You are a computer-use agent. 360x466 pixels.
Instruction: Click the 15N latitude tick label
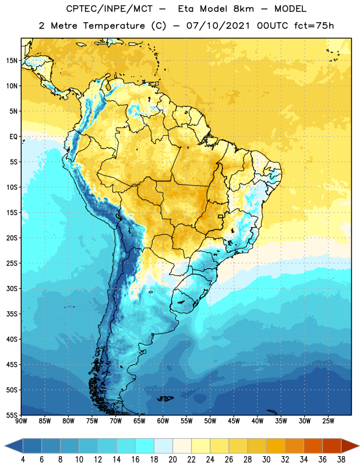12,61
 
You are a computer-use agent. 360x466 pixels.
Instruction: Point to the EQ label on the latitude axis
13,137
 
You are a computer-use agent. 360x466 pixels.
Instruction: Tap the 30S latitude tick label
12,289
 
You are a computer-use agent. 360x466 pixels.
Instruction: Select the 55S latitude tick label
12,415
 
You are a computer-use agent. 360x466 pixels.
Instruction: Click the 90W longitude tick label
21,421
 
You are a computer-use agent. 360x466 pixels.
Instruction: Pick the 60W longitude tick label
163,421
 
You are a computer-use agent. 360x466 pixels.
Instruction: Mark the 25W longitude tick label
328,421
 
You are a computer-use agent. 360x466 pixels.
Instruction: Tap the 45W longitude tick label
234,421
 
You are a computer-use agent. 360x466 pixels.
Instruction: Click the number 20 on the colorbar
172,460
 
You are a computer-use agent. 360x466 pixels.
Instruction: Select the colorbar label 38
341,460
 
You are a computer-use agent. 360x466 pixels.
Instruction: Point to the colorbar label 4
23,460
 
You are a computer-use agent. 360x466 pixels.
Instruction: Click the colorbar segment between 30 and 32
276,446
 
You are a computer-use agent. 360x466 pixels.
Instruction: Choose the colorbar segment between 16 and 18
144,446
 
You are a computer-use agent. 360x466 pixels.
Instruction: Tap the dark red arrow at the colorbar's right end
350,446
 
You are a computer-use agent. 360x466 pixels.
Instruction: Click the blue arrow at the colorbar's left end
14,446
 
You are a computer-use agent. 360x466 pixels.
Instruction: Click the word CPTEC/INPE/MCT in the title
109,9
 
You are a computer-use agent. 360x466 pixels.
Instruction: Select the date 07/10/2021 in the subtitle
218,26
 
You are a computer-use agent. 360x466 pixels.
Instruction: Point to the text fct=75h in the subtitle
314,26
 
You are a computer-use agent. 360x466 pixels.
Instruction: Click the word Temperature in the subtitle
114,26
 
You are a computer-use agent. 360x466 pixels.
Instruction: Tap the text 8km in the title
243,9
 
